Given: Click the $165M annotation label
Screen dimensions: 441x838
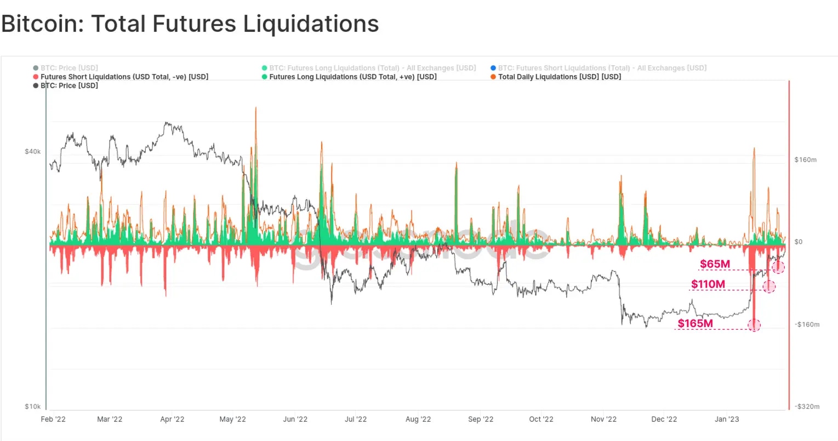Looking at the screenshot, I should (695, 323).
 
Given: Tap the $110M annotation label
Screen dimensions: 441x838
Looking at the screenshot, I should (708, 284).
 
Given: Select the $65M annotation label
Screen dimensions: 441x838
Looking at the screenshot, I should (715, 264).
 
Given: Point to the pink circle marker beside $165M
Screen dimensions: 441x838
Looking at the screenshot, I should (755, 325).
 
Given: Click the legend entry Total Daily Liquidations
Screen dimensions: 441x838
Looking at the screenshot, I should (559, 77).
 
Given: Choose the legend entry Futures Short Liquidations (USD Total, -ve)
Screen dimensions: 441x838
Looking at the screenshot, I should (124, 77).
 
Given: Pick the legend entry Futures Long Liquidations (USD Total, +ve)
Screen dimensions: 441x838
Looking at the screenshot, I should (352, 77).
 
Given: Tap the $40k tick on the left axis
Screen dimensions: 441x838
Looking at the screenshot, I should (33, 151).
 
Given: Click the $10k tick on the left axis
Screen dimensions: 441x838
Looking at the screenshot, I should (33, 406).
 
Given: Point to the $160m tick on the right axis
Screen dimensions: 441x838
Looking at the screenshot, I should (805, 160).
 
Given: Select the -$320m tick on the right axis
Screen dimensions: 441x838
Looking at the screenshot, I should (807, 406).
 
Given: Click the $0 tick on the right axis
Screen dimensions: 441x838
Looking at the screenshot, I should (798, 242).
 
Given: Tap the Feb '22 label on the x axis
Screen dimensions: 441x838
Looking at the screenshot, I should (53, 419).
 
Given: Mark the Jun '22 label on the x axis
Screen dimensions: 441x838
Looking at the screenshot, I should (295, 419).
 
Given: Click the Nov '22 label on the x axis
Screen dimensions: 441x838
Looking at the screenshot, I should (603, 419).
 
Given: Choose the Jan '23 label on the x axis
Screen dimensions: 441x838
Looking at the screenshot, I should (727, 419).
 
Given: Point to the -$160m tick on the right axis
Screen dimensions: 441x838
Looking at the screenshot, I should (807, 324).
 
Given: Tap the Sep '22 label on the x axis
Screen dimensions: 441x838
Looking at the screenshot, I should (481, 419).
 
